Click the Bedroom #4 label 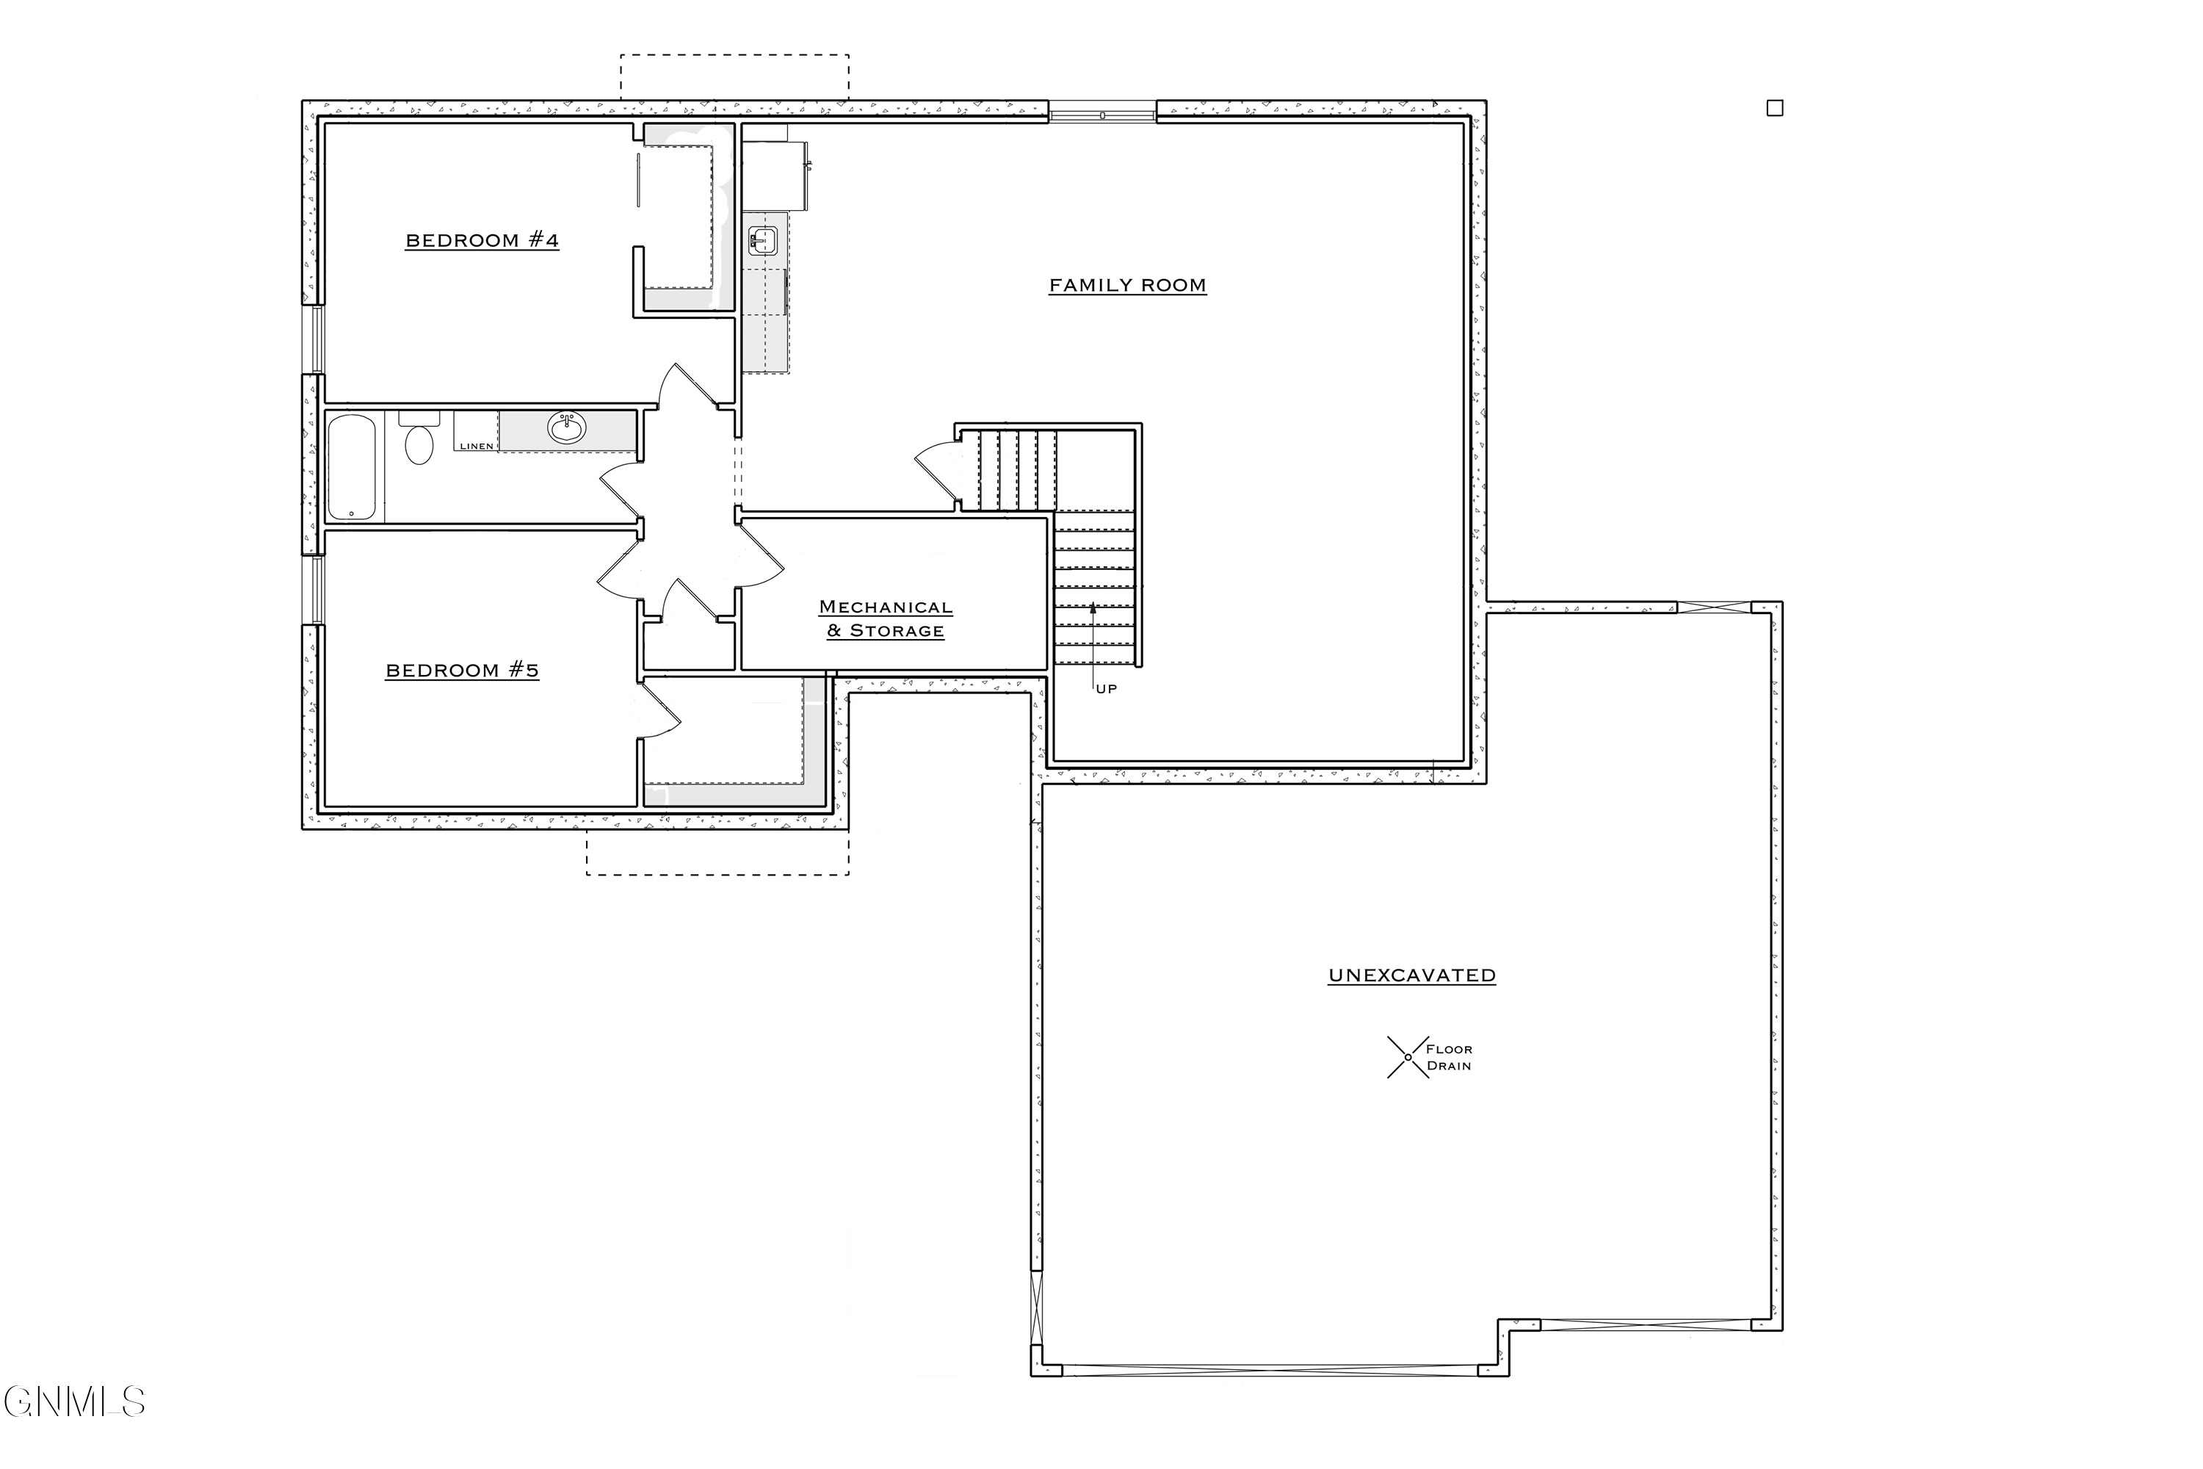[482, 241]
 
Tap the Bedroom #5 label [462, 671]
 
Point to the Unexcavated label [1411, 975]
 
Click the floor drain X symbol [1407, 1057]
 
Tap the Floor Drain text [1449, 1058]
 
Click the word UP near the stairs [1106, 689]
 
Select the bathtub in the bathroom [352, 467]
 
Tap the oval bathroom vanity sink [567, 429]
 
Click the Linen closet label [476, 446]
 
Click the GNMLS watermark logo [75, 1402]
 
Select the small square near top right [1774, 108]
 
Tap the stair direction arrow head [1092, 608]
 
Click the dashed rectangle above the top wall [734, 77]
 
